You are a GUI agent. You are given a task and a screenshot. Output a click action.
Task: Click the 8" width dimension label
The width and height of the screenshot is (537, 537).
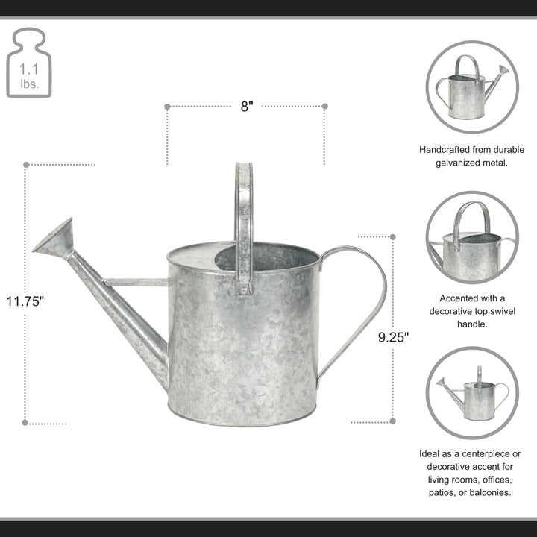coord(246,107)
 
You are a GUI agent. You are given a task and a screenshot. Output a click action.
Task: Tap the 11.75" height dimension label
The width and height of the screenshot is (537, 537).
coord(26,302)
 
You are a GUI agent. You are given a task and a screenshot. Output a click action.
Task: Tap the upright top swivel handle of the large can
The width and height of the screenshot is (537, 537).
coord(244,216)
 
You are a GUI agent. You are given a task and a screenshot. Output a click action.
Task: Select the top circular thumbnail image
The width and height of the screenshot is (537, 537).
coord(472,87)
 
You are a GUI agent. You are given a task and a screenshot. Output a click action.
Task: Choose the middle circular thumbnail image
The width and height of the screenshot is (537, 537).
coord(472,237)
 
